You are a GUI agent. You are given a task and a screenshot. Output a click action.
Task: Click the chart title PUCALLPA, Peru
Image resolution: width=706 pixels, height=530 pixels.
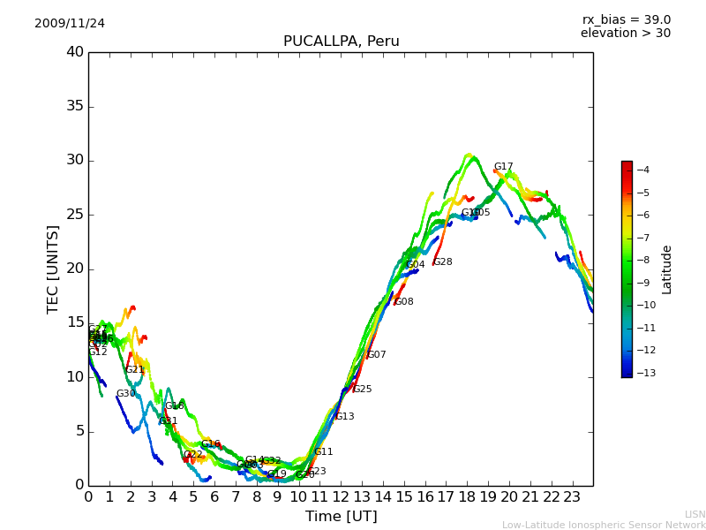pyautogui.click(x=341, y=42)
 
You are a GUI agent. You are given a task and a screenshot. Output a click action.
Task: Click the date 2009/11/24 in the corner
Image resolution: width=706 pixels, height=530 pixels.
pyautogui.click(x=70, y=23)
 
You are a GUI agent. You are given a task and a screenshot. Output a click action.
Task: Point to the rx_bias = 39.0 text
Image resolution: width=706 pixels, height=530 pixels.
pyautogui.click(x=626, y=19)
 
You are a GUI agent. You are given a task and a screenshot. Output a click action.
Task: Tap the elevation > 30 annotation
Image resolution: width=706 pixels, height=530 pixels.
pyautogui.click(x=625, y=34)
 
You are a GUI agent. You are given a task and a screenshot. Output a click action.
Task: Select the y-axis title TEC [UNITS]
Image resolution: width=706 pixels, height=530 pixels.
pyautogui.click(x=53, y=269)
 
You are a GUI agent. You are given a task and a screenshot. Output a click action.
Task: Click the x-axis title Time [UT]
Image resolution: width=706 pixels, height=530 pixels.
pyautogui.click(x=341, y=516)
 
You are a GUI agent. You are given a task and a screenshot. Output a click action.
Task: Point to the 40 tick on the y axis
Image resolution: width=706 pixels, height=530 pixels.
pyautogui.click(x=75, y=52)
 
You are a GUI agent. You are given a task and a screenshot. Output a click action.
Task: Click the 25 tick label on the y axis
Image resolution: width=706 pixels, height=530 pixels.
pyautogui.click(x=75, y=215)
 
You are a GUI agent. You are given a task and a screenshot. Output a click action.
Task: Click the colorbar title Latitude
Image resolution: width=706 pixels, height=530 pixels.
pyautogui.click(x=667, y=269)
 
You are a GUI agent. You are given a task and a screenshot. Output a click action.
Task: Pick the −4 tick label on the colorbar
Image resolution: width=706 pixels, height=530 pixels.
pyautogui.click(x=642, y=170)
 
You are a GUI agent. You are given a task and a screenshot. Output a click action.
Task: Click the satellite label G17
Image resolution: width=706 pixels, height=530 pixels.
pyautogui.click(x=503, y=166)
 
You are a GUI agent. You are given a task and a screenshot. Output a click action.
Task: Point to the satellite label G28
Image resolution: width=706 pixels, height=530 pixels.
pyautogui.click(x=442, y=261)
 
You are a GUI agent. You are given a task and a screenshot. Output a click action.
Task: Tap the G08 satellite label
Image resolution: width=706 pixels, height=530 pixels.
pyautogui.click(x=403, y=301)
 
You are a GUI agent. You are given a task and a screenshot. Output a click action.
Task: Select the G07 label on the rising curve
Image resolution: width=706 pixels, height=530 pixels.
pyautogui.click(x=376, y=354)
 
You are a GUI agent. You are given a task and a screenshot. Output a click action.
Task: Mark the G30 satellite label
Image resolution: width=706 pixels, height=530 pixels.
pyautogui.click(x=125, y=393)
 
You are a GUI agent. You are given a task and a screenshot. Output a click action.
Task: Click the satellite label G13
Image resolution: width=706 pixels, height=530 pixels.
pyautogui.click(x=344, y=416)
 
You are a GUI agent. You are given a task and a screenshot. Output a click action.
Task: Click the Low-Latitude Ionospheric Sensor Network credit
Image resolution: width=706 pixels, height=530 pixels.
pyautogui.click(x=604, y=525)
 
